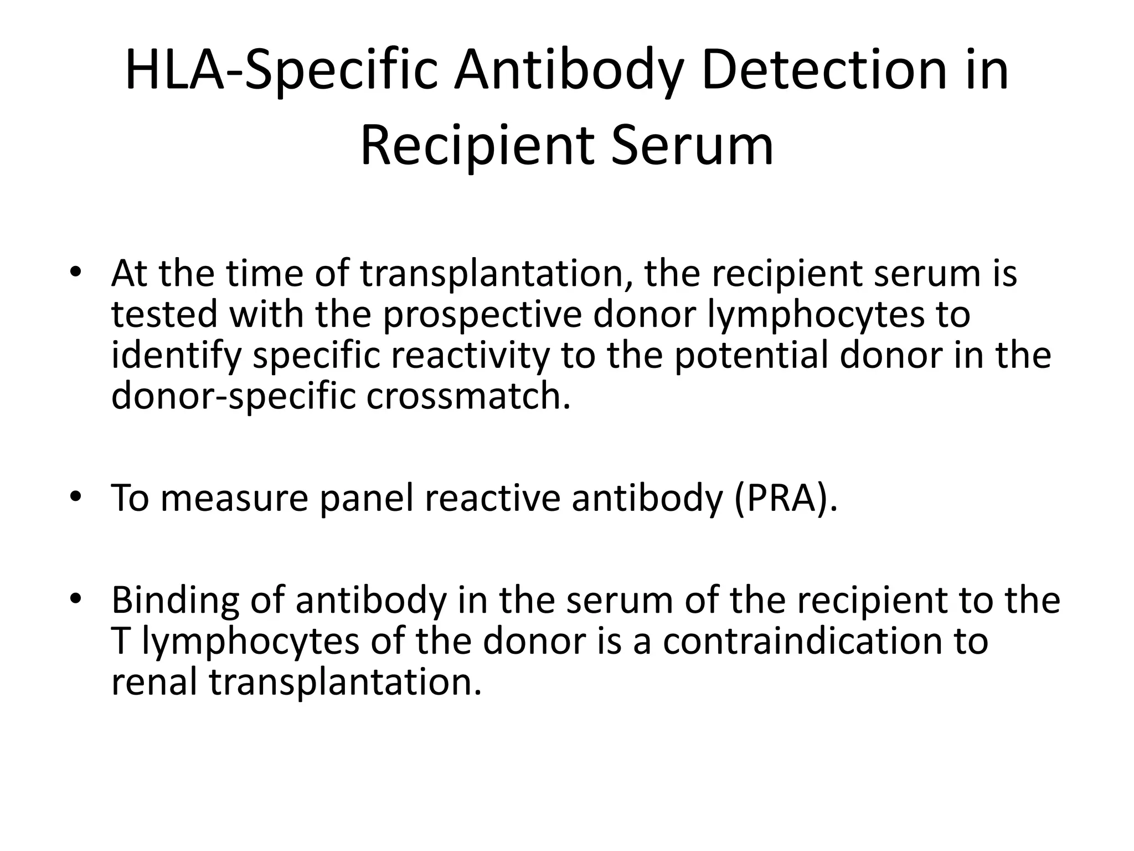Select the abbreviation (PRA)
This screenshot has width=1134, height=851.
786,498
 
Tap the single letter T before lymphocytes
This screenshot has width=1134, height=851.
120,641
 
